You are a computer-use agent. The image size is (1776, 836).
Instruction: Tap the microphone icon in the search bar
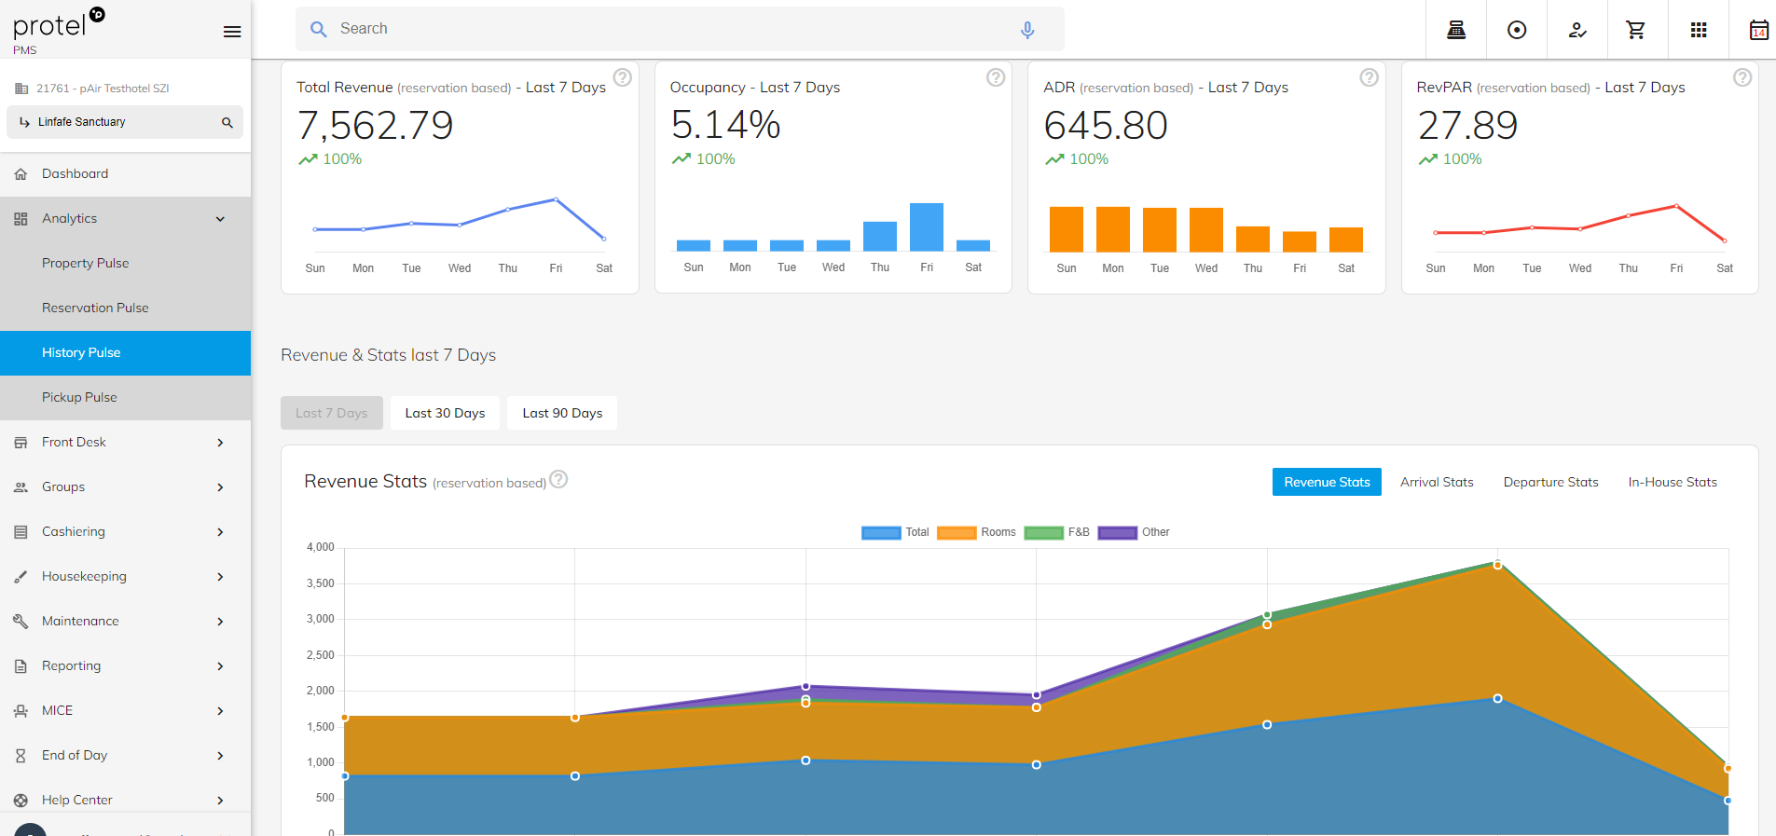pyautogui.click(x=1027, y=30)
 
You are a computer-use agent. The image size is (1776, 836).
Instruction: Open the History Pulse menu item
pyautogui.click(x=81, y=352)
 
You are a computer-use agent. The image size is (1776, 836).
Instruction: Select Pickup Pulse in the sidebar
pyautogui.click(x=79, y=397)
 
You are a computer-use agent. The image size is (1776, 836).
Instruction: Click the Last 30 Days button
pyautogui.click(x=445, y=413)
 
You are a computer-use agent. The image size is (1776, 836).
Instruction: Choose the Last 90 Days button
pyautogui.click(x=562, y=413)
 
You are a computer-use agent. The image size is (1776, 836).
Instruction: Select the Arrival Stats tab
pyautogui.click(x=1437, y=482)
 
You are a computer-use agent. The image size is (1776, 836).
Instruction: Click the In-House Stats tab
pyautogui.click(x=1673, y=482)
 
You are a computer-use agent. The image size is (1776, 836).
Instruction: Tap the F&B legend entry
pyautogui.click(x=1057, y=532)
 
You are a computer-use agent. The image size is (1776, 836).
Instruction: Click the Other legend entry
pyautogui.click(x=1134, y=532)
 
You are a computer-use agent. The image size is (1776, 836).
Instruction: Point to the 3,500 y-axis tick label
pyautogui.click(x=320, y=583)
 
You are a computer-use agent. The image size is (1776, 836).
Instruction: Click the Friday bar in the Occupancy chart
pyautogui.click(x=927, y=227)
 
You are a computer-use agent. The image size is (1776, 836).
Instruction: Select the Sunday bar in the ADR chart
pyautogui.click(x=1067, y=229)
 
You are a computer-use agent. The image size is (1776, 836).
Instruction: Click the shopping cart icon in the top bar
pyautogui.click(x=1636, y=30)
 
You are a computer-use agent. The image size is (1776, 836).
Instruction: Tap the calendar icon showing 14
pyautogui.click(x=1758, y=30)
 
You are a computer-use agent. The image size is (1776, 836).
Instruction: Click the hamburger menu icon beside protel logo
pyautogui.click(x=232, y=32)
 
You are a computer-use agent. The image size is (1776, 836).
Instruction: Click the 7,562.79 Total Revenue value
pyautogui.click(x=376, y=125)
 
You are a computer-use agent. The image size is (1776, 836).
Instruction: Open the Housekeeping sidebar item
pyautogui.click(x=84, y=576)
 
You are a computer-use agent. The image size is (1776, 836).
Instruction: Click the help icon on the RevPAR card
pyautogui.click(x=1742, y=77)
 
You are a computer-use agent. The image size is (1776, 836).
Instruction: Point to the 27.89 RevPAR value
pyautogui.click(x=1467, y=125)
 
